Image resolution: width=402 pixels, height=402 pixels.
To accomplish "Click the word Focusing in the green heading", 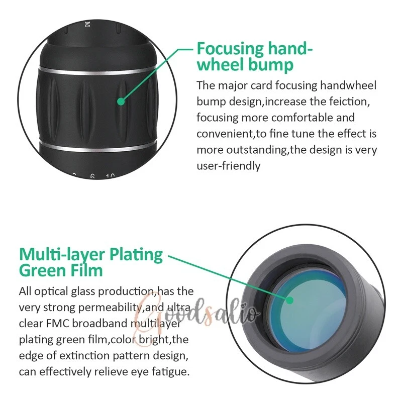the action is [230, 49].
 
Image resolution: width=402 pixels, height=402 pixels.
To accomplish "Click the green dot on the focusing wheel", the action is [121, 102].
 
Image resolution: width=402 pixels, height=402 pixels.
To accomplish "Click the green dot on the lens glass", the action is [289, 300].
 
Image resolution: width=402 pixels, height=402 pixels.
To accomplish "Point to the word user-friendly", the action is [229, 166].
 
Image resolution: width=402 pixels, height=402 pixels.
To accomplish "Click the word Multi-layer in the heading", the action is [62, 255].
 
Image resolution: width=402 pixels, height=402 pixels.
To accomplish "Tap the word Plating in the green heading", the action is [136, 255].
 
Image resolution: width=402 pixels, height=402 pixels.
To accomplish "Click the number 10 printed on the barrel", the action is [110, 176].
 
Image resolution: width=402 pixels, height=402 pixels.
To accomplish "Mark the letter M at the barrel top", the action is [87, 25].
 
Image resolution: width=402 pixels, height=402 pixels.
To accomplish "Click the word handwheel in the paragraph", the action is [348, 85].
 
